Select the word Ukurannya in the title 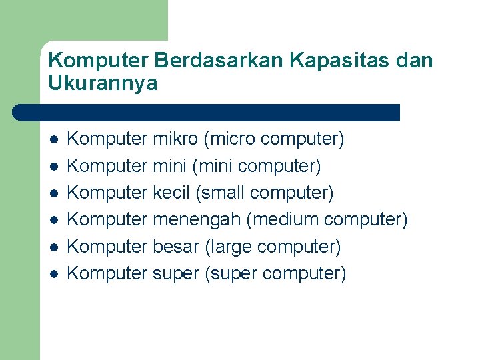pos(103,84)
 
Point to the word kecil pos(171,193)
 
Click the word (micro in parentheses pos(230,139)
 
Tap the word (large pos(226,247)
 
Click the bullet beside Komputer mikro pos(54,140)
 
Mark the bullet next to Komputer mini pos(54,167)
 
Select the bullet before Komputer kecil pos(54,193)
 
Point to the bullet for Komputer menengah pos(54,220)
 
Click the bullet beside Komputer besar pos(54,247)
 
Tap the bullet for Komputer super pos(54,274)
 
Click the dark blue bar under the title pos(207,113)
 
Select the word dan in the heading pos(414,61)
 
